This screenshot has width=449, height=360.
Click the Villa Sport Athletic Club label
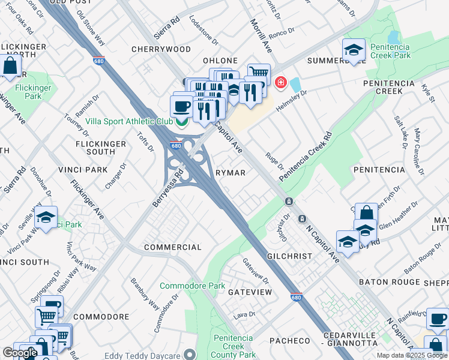(129, 121)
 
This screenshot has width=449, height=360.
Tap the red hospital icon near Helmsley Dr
(280, 82)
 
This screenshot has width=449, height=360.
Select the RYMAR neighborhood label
(231, 173)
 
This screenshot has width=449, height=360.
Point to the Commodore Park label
(192, 286)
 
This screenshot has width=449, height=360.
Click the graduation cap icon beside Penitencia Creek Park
(354, 51)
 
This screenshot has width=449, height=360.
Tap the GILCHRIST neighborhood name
(290, 256)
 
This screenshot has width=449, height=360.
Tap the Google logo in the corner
(20, 353)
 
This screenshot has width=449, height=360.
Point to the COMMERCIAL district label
(173, 247)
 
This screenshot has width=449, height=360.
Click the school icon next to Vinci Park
(46, 219)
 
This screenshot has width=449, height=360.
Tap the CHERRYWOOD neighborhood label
(163, 49)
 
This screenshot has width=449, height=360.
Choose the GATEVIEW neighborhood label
(250, 292)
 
